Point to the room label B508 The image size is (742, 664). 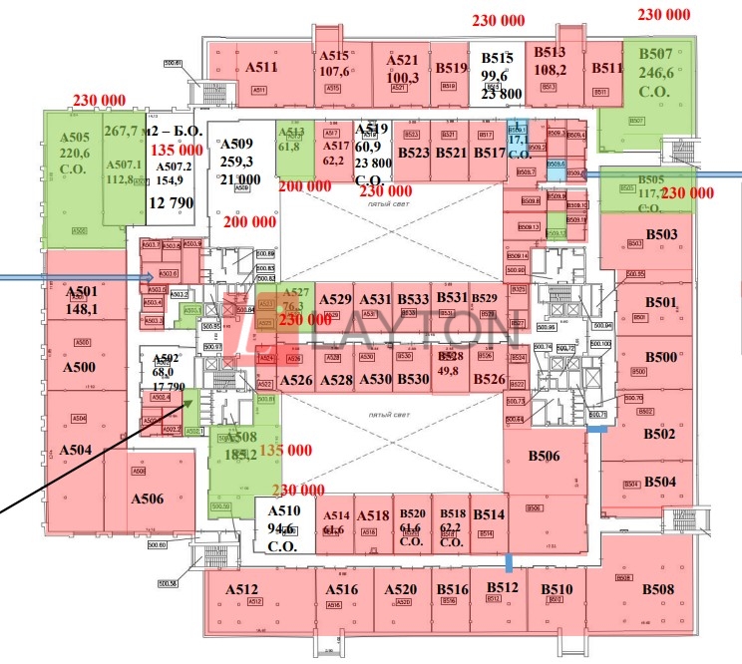point(659,590)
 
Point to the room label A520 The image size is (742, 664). point(400,589)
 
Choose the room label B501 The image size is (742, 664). point(661,302)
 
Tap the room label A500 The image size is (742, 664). point(79,367)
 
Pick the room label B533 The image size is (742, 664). point(412,299)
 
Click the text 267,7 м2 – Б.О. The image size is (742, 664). point(154,132)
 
